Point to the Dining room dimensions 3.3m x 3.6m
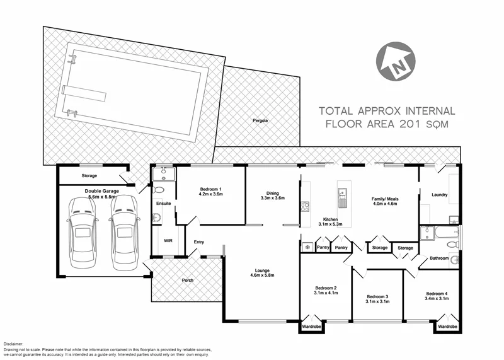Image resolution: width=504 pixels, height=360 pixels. coord(272,198)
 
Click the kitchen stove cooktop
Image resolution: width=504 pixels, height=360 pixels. coord(306,206)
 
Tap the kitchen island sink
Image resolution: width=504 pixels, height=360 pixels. coord(342,201)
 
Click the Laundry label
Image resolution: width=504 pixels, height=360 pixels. coord(438,195)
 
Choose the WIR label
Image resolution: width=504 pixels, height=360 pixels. coord(168,240)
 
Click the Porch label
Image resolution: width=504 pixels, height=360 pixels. coord(187,280)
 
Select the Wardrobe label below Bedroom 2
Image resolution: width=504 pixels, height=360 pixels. coord(310,327)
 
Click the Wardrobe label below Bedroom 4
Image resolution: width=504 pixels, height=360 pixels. coord(447,327)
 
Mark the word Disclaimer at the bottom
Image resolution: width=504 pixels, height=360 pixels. coord(13,344)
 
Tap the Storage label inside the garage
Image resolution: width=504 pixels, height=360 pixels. coord(89,176)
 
